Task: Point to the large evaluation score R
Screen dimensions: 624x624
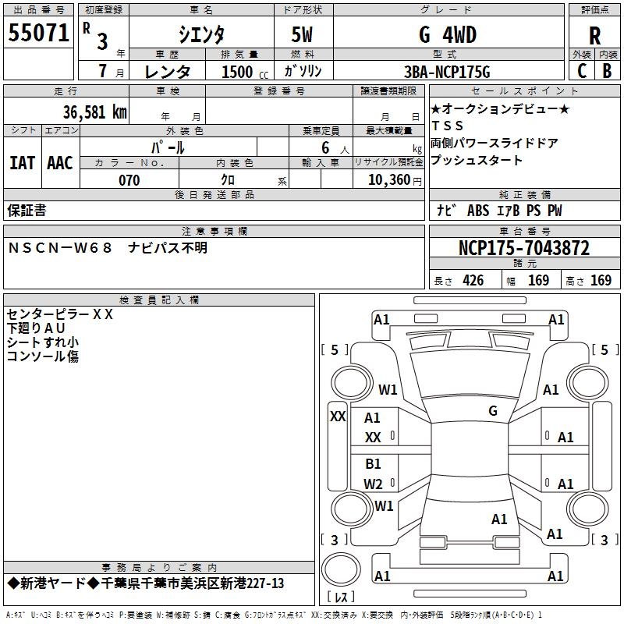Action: tap(595, 36)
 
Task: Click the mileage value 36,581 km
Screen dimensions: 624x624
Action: tap(94, 112)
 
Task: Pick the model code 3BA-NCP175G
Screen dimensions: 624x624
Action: tap(447, 73)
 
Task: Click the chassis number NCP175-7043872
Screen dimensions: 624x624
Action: tap(524, 249)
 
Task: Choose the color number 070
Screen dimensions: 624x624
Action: tap(129, 181)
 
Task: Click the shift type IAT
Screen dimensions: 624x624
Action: tap(22, 163)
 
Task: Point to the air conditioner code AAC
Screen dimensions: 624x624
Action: tap(60, 163)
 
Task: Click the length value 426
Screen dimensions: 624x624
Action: tap(472, 281)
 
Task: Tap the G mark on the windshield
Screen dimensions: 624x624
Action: tap(493, 411)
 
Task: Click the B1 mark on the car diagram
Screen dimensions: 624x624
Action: tap(374, 464)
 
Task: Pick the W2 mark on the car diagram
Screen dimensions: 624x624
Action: tap(374, 484)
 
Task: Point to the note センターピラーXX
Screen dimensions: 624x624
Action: tap(60, 315)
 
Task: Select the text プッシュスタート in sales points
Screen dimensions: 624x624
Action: tap(477, 161)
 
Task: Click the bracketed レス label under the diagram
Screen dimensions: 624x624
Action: tap(341, 598)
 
